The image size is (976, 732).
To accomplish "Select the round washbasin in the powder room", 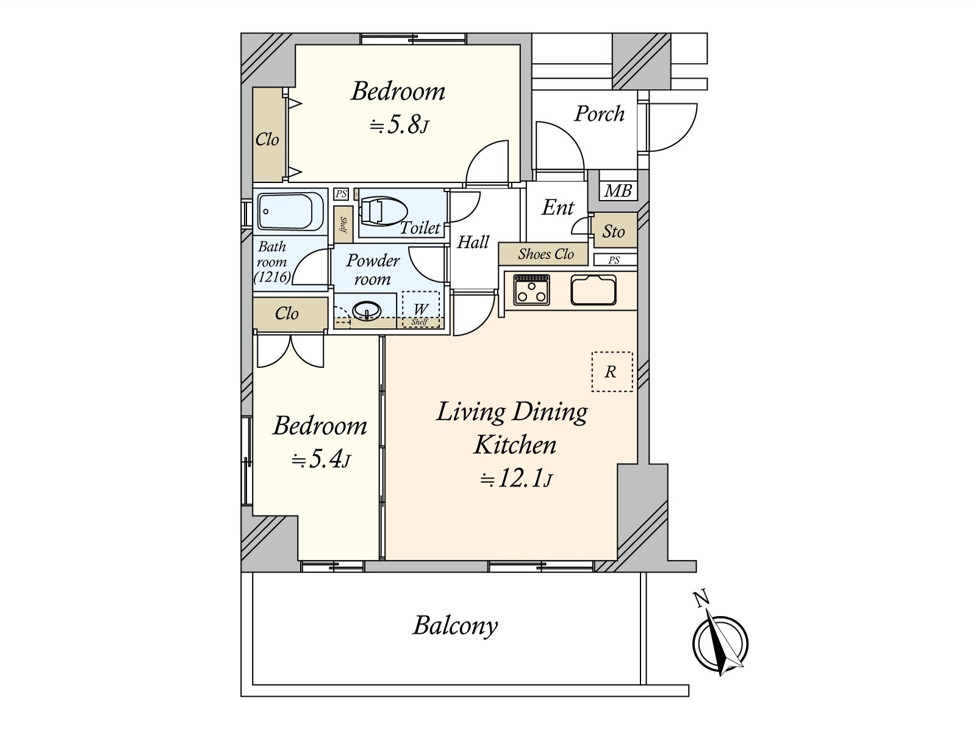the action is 367,310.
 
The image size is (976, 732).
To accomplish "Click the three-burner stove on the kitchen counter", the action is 531,289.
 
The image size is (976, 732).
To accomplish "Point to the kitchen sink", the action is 594,289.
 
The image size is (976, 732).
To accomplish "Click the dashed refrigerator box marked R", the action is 612,371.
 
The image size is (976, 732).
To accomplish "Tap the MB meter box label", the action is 618,191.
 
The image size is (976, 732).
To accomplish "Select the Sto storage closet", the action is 614,231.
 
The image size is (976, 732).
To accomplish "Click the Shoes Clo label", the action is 545,254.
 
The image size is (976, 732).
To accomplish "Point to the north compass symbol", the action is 720,643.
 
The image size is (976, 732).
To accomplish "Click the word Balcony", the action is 455,626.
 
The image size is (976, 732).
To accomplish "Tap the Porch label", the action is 599,114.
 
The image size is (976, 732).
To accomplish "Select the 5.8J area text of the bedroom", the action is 400,126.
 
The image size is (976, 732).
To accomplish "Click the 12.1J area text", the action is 516,479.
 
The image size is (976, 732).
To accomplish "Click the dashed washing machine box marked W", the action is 421,309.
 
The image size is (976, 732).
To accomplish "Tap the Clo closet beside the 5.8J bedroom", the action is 267,134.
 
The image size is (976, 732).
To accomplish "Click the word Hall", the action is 473,242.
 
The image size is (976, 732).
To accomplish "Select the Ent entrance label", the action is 558,207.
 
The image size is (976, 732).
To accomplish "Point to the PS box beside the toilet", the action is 341,194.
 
